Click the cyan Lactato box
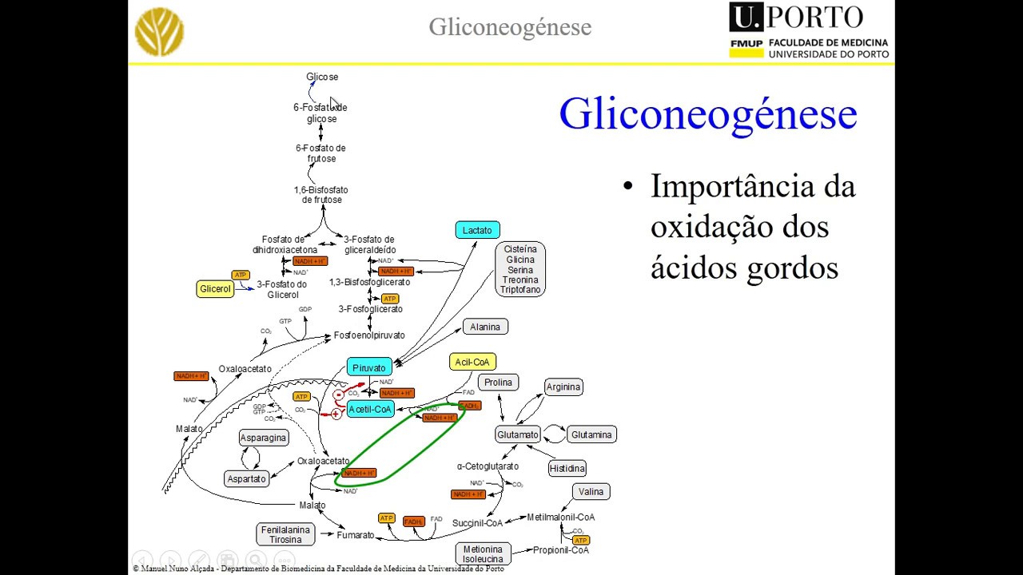click(477, 230)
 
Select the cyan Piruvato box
click(368, 367)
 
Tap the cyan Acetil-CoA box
click(370, 409)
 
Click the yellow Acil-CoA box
click(472, 362)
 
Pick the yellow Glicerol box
click(215, 289)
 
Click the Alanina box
click(485, 327)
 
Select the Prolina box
click(498, 383)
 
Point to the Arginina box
click(563, 387)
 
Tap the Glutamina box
click(591, 435)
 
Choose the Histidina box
click(567, 468)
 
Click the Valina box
click(591, 492)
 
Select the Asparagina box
click(264, 438)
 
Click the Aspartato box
click(246, 479)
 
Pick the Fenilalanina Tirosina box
click(285, 534)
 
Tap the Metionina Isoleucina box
click(483, 553)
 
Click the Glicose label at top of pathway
click(322, 77)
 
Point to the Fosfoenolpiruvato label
click(369, 335)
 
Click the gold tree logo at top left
click(160, 32)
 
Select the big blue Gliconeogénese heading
click(707, 113)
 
